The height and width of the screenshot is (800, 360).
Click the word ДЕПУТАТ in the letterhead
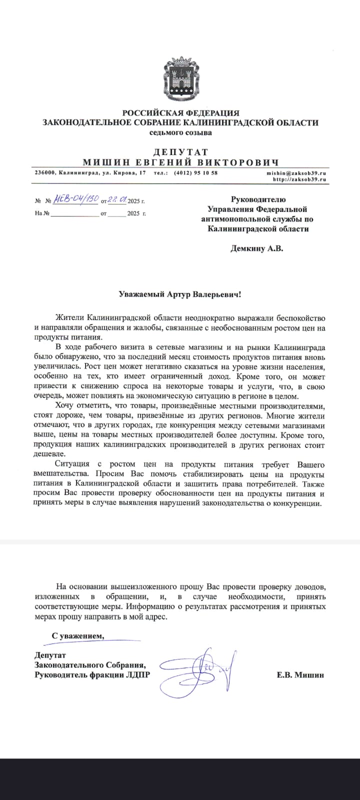coord(180,152)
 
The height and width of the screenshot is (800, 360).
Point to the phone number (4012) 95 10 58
coord(195,172)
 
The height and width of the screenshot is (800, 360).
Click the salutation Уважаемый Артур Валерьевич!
coord(180,294)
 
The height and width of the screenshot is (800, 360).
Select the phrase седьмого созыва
coord(180,132)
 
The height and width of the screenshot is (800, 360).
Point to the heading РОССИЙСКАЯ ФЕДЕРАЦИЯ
coord(180,113)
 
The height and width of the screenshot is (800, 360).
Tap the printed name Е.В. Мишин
coord(300,675)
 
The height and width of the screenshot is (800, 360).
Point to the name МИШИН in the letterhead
coord(104,162)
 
